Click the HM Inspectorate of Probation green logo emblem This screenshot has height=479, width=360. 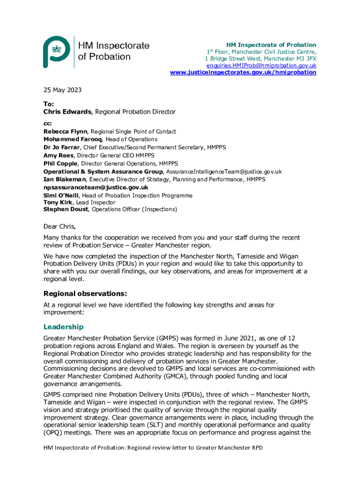(57, 51)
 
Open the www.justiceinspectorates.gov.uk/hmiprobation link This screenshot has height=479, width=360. (243, 73)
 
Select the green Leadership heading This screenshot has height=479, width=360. (63, 327)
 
